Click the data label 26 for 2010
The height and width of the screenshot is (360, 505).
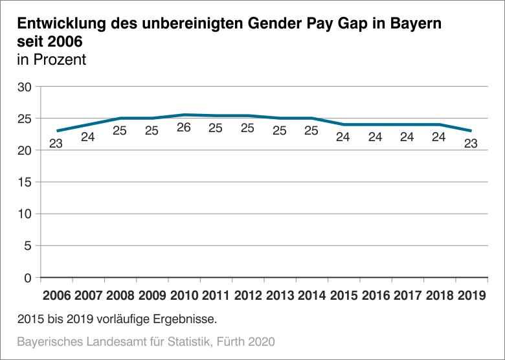[x=184, y=128]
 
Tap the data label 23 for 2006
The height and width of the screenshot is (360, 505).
[x=56, y=143]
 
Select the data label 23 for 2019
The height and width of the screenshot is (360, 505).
[x=471, y=143]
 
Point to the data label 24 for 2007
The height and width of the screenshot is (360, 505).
[x=87, y=137]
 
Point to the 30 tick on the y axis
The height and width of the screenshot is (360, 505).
[x=24, y=87]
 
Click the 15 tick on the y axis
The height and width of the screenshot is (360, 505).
[x=24, y=183]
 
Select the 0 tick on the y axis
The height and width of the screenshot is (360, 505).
[x=27, y=278]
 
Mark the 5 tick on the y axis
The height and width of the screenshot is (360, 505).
[x=27, y=246]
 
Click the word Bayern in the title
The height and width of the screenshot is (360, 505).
[x=419, y=25]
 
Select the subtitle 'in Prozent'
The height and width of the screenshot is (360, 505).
[x=52, y=60]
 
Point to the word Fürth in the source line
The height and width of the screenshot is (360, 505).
[x=230, y=341]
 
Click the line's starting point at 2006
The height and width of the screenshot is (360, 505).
[x=57, y=131]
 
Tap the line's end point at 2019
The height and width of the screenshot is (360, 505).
[x=471, y=131]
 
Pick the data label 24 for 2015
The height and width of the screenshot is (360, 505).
[x=344, y=137]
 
